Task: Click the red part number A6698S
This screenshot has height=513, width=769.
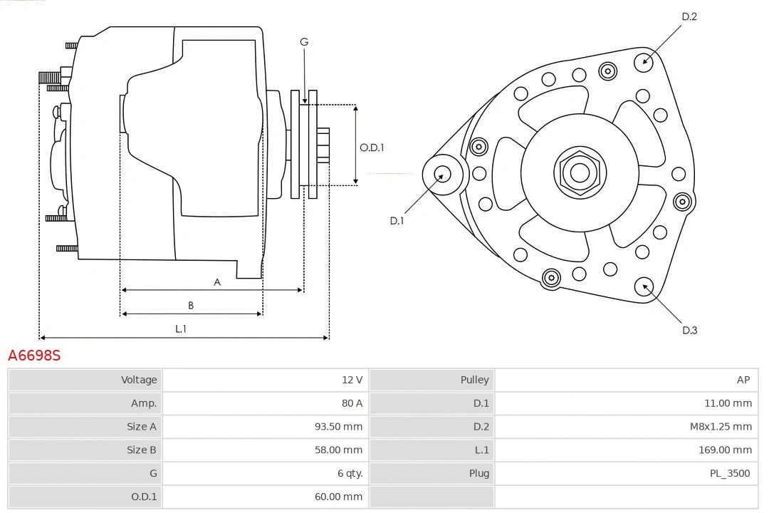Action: click(34, 355)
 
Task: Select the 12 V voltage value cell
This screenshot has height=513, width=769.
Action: click(352, 380)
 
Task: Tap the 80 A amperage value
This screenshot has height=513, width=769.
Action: click(352, 403)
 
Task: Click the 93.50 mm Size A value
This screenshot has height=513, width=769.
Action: click(338, 427)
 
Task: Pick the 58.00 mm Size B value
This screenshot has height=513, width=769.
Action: click(338, 450)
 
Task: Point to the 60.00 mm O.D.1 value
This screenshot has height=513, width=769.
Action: click(338, 497)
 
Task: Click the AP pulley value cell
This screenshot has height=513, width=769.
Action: click(743, 380)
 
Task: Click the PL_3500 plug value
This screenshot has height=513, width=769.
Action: click(729, 473)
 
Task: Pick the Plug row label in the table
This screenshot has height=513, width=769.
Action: click(478, 473)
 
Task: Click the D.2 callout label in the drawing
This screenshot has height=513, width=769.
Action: click(689, 16)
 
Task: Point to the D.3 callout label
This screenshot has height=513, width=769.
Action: click(689, 330)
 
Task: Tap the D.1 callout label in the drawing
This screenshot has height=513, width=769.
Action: click(397, 221)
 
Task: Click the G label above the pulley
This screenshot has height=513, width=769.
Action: click(304, 42)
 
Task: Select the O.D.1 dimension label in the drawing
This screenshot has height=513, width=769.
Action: click(372, 147)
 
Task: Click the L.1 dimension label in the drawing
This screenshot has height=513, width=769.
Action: click(181, 328)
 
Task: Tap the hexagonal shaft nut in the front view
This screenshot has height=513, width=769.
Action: click(580, 172)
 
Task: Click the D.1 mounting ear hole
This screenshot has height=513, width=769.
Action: click(442, 174)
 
